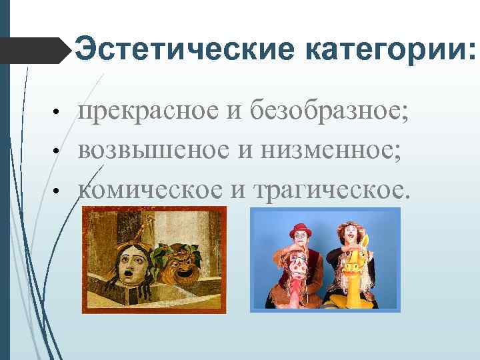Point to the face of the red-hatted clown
(x=301, y=240)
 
